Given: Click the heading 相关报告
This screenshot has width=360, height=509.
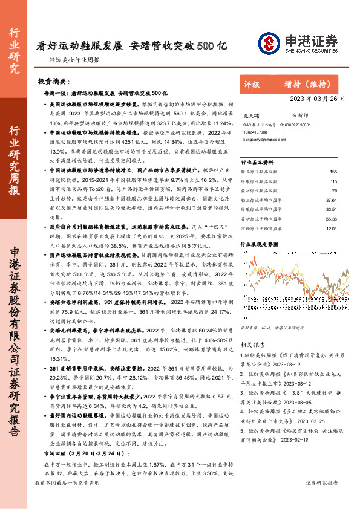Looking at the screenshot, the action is (251, 345).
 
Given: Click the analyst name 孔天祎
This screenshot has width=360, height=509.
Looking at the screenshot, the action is (250, 114).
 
